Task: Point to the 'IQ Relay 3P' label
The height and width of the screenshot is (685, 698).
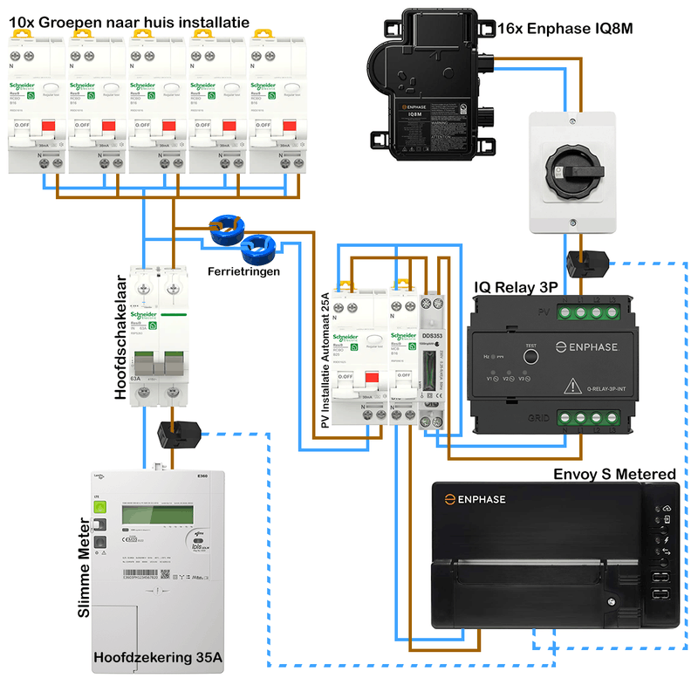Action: [x=516, y=286]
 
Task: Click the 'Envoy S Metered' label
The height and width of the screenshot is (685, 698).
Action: [x=615, y=474]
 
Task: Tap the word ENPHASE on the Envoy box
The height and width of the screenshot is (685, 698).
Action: [x=482, y=499]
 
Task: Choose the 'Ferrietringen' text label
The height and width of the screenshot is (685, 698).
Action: [x=244, y=271]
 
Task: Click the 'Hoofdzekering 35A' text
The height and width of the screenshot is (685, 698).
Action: [x=158, y=655]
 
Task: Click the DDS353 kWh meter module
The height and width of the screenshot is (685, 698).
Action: [x=431, y=366]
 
